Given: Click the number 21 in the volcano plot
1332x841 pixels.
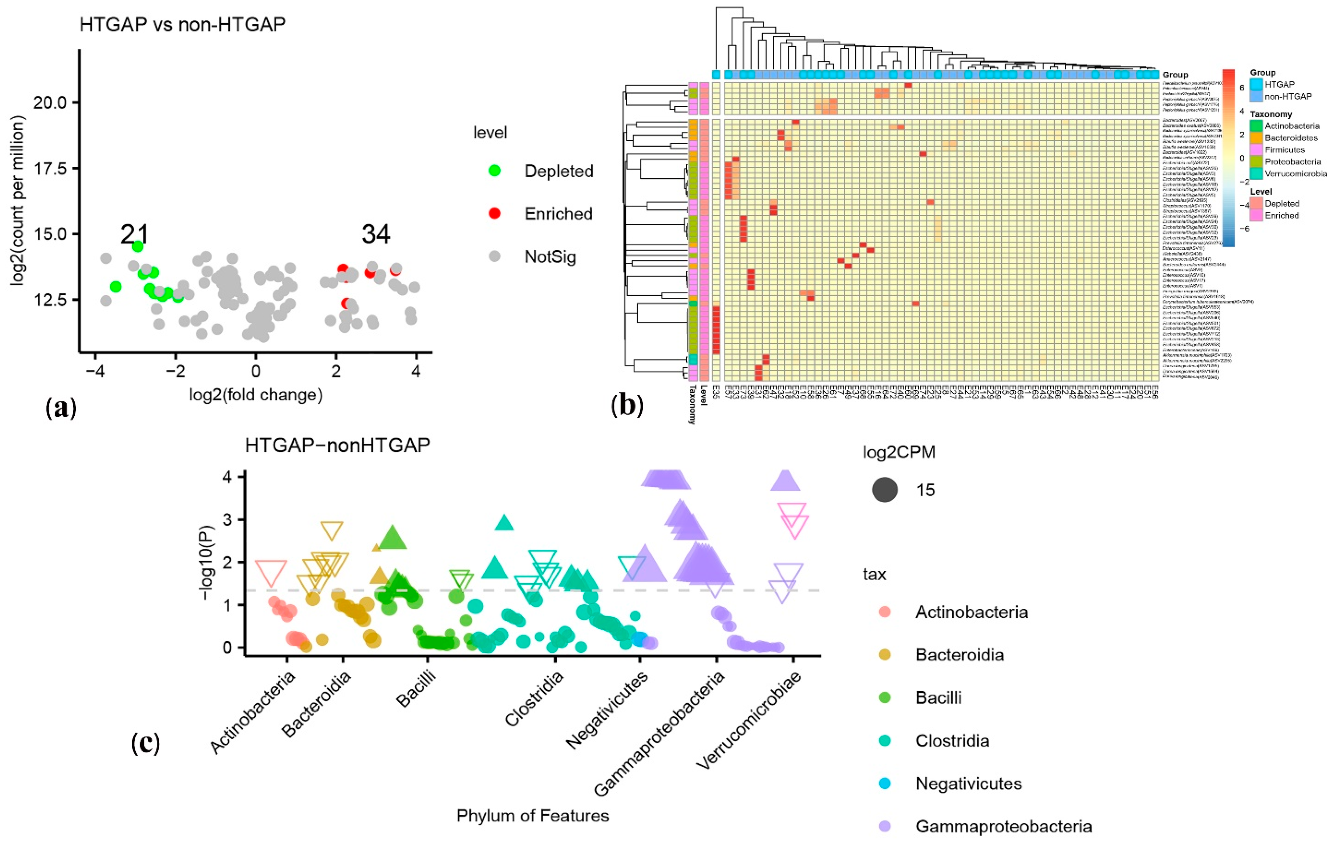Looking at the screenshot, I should tap(134, 235).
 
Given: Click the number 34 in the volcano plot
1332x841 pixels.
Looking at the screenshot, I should tap(376, 235).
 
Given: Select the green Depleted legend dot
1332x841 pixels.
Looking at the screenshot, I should tap(495, 171).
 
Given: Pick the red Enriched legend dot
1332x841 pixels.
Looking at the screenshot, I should tap(495, 213).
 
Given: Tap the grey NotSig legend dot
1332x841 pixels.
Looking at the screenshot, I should tap(495, 256).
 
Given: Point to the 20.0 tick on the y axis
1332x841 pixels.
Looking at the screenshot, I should tap(50, 103).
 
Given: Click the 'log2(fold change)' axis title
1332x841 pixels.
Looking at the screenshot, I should tap(256, 395).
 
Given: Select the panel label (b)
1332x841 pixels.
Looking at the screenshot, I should tap(627, 406).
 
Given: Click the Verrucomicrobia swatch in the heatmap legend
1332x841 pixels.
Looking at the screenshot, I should tap(1256, 174).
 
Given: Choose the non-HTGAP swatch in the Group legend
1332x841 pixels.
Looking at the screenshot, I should tap(1256, 96).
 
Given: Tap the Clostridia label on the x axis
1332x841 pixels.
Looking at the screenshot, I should tap(534, 699).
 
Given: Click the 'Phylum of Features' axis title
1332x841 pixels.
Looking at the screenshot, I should tap(532, 815).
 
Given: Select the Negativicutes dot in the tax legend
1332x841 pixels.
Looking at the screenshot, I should tap(884, 783).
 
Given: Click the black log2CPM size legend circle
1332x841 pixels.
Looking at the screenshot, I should tap(884, 490).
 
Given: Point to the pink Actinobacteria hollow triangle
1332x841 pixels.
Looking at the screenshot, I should tap(271, 571).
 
